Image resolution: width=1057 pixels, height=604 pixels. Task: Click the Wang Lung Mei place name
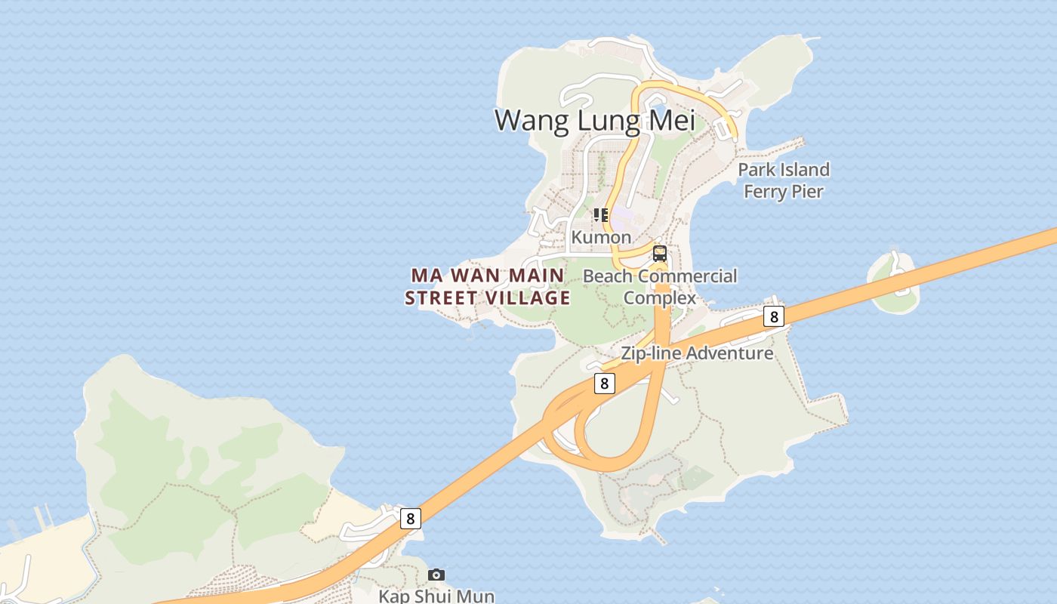(594, 121)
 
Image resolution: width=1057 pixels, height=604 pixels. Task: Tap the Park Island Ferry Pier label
(783, 180)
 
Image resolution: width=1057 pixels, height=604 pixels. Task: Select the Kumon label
(601, 237)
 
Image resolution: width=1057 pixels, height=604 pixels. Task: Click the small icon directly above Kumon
(601, 215)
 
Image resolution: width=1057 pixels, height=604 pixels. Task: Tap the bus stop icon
(660, 254)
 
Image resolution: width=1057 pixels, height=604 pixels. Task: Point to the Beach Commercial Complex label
(660, 287)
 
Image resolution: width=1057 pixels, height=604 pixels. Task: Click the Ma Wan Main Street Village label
(488, 287)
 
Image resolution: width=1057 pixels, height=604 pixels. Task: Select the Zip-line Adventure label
(697, 353)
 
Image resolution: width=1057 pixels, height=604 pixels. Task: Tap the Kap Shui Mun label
(436, 596)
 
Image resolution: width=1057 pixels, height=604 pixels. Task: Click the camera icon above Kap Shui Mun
(436, 575)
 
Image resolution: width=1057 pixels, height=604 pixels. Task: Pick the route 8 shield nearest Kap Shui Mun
(410, 518)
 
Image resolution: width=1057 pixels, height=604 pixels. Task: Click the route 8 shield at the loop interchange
(603, 384)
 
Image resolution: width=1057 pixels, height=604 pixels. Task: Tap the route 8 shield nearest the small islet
(773, 317)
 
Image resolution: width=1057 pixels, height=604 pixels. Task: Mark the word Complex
(660, 298)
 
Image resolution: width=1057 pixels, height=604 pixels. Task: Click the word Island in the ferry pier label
(804, 169)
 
